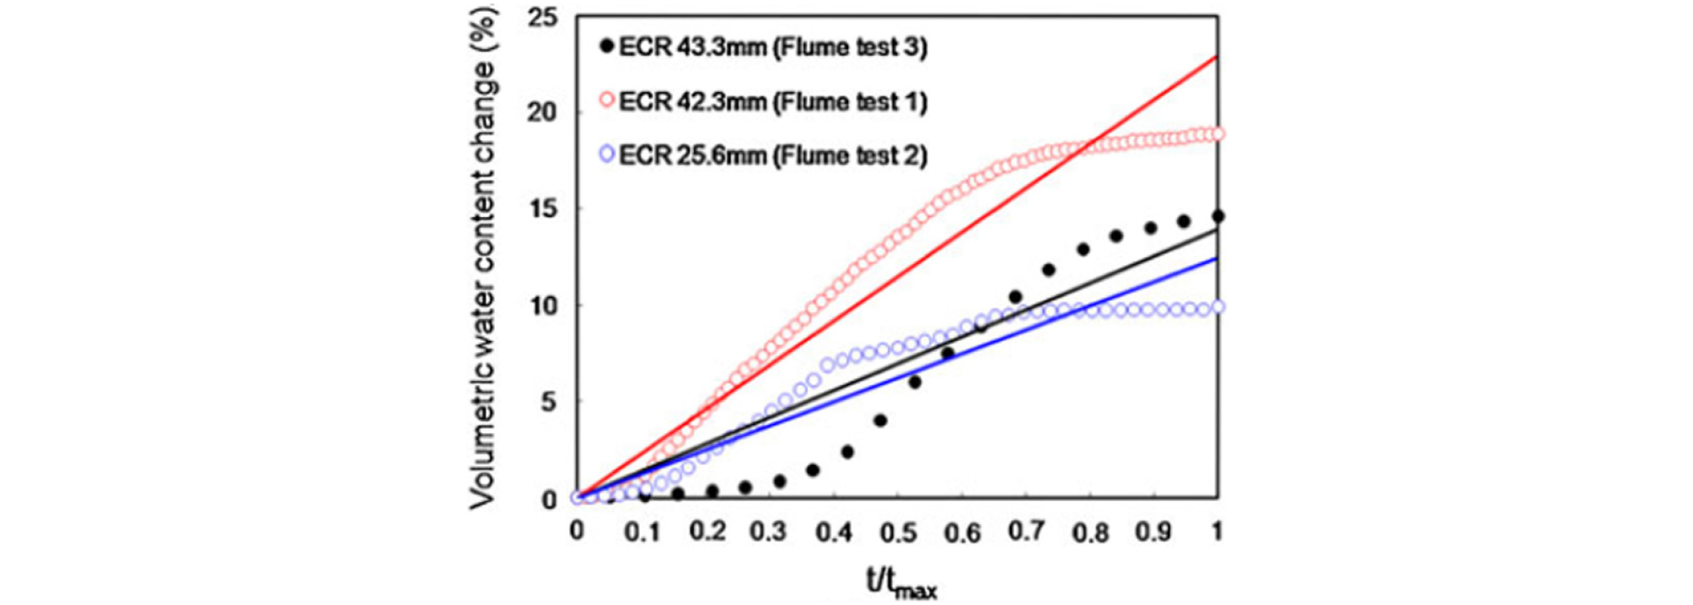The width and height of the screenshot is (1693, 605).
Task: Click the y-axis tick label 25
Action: click(x=542, y=17)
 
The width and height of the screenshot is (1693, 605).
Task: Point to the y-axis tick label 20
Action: click(x=542, y=113)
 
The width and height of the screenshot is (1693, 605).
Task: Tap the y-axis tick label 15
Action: click(x=542, y=209)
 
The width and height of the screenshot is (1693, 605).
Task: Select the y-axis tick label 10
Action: click(x=542, y=305)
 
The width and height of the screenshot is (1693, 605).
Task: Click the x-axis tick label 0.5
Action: click(x=898, y=532)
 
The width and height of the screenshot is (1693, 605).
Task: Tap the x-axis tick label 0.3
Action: click(x=769, y=532)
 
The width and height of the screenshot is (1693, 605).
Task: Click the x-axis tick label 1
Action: click(x=1217, y=532)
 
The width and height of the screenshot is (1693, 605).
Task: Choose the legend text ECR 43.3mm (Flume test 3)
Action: click(x=772, y=47)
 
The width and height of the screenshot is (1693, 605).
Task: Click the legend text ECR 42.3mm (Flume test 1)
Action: click(x=772, y=102)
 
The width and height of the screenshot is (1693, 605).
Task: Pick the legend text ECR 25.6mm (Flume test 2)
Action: click(x=772, y=156)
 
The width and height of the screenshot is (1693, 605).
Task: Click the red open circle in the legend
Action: click(x=606, y=100)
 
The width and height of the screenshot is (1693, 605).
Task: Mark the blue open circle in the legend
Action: click(x=606, y=155)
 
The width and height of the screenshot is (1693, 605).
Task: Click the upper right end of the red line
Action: click(x=1216, y=57)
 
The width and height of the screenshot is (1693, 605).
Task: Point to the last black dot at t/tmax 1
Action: click(x=1217, y=217)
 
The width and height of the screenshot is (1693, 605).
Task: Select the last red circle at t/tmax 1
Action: click(x=1217, y=134)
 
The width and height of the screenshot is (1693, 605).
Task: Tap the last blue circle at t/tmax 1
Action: click(x=1217, y=307)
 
